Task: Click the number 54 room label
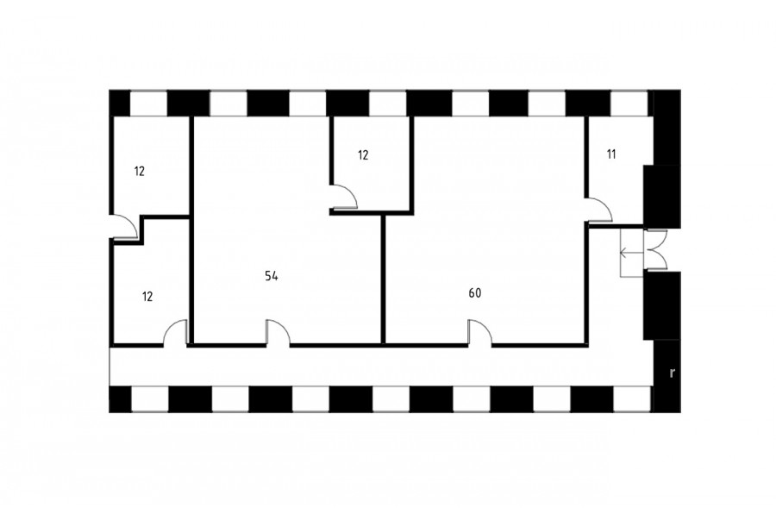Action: click(272, 276)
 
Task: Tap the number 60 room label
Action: click(474, 293)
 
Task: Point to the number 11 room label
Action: click(611, 154)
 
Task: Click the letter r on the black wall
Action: click(672, 373)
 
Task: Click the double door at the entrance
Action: click(656, 250)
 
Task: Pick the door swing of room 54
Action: click(278, 331)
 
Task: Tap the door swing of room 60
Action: click(480, 331)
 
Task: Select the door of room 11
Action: click(599, 210)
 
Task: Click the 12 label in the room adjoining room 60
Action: click(363, 155)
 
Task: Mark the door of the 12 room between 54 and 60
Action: click(344, 198)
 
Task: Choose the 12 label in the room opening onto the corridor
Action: click(147, 297)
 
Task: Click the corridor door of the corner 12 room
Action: click(176, 331)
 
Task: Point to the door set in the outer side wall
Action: click(124, 228)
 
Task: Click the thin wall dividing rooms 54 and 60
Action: click(383, 279)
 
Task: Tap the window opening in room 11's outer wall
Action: click(629, 104)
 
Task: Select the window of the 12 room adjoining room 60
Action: click(387, 104)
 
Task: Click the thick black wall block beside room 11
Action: click(661, 196)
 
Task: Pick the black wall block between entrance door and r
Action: click(661, 305)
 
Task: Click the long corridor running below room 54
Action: click(381, 367)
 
